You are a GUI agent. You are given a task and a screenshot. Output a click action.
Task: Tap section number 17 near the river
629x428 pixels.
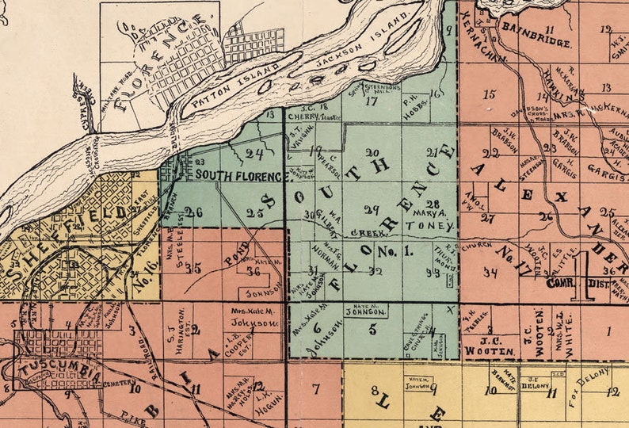point(371,101)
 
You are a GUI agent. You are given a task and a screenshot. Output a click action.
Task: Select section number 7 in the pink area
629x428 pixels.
point(316,388)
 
